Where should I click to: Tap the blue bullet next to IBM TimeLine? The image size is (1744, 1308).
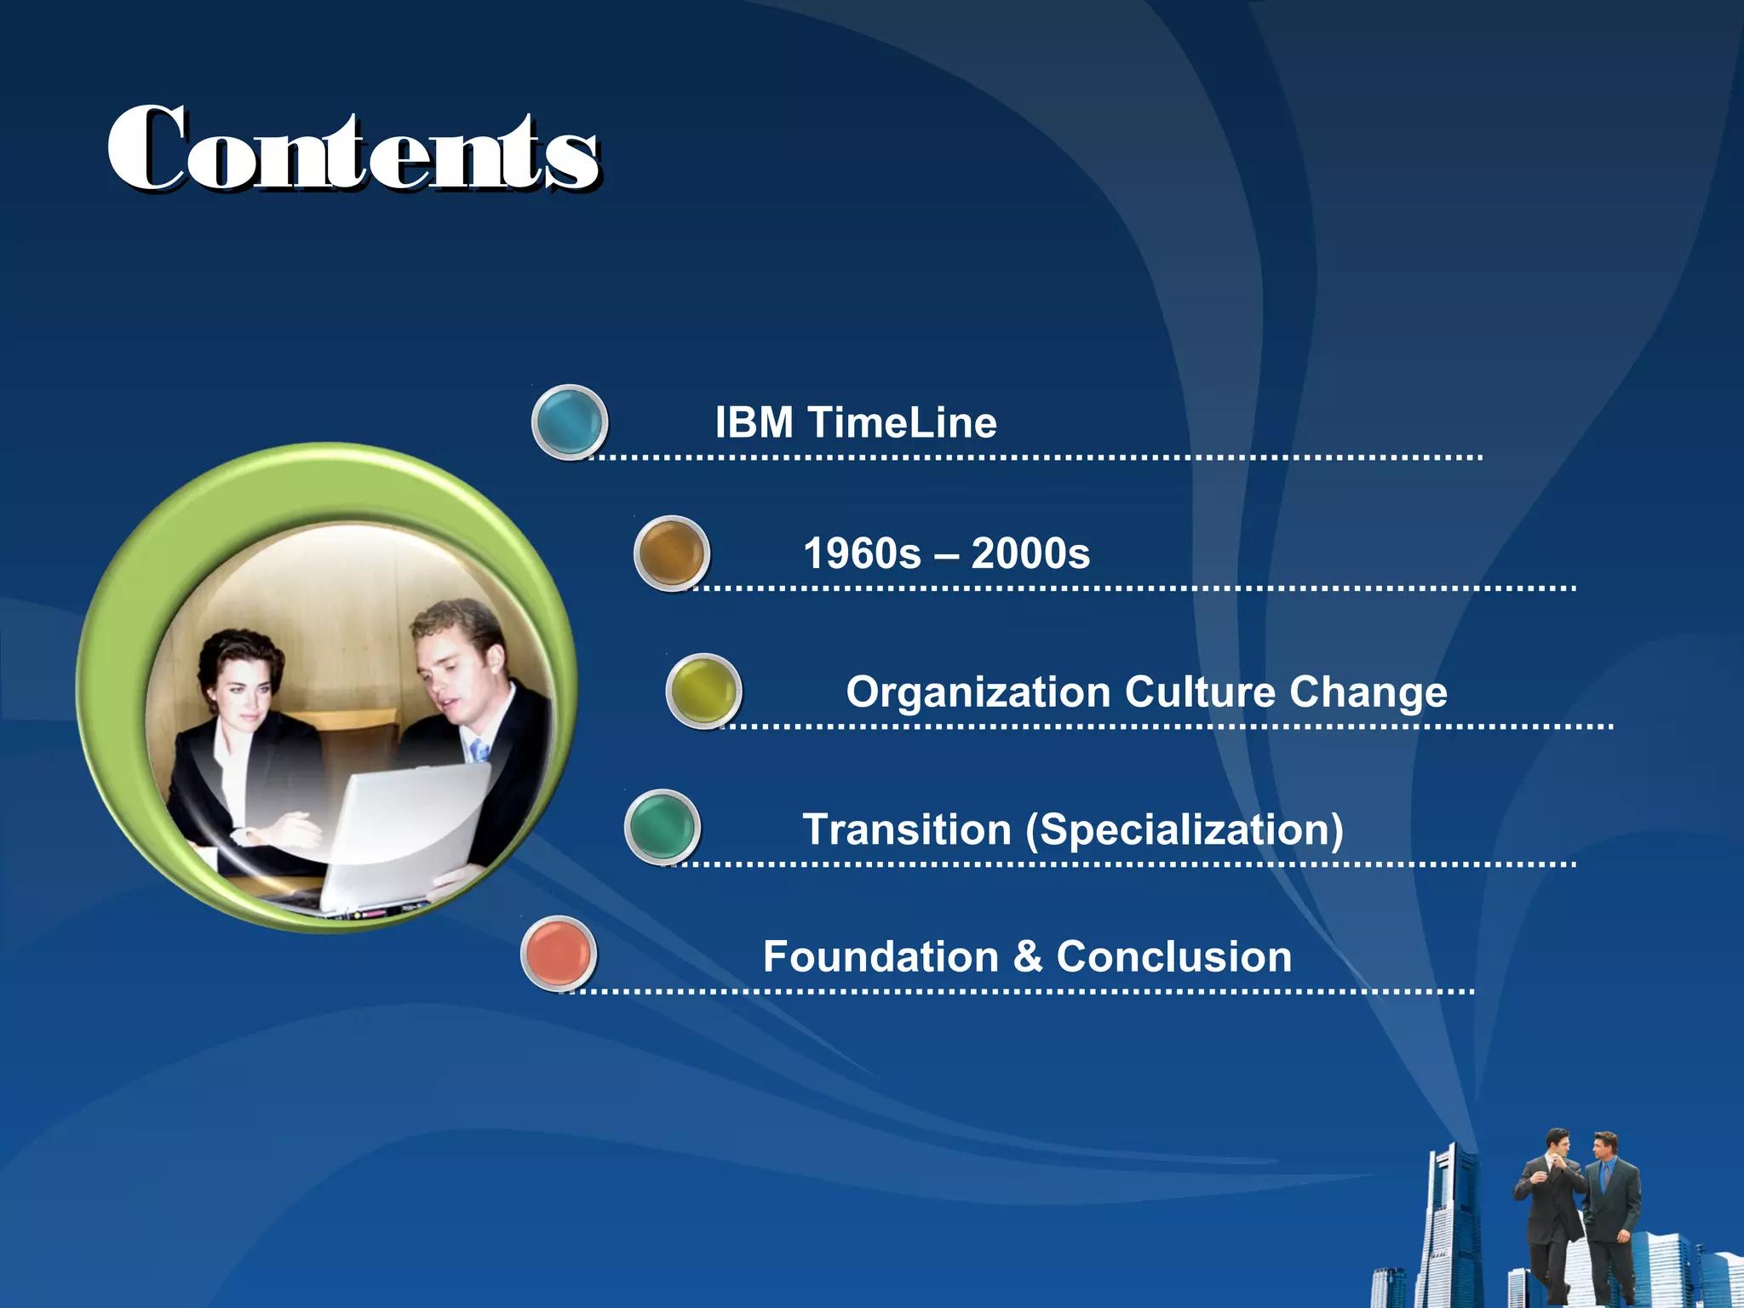click(x=569, y=422)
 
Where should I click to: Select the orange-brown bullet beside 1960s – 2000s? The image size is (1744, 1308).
click(x=671, y=553)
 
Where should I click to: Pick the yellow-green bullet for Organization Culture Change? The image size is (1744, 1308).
click(x=703, y=691)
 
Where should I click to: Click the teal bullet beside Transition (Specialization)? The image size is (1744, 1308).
click(x=662, y=827)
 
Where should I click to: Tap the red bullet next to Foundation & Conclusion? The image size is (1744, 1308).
click(x=559, y=954)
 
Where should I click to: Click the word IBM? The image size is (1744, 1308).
click(x=754, y=422)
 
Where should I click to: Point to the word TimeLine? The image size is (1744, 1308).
click(x=902, y=422)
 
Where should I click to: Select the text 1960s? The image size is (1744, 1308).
click(x=862, y=554)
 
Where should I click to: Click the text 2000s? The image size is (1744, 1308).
click(x=1030, y=554)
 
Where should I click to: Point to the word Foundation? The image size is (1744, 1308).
click(x=881, y=956)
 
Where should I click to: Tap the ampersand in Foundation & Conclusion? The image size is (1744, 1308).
click(x=1028, y=957)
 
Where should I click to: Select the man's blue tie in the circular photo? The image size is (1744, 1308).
click(x=479, y=750)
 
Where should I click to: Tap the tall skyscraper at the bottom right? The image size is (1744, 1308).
click(x=1454, y=1226)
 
